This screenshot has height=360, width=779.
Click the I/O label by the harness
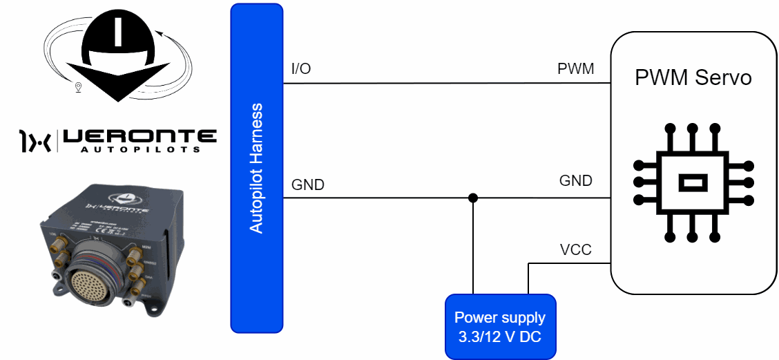301,69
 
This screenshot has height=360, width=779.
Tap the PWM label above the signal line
575,69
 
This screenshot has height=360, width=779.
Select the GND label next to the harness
308,184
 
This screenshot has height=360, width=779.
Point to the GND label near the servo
575,181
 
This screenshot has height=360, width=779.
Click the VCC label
575,249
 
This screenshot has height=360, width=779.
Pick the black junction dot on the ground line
473,198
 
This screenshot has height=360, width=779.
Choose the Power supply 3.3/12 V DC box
500,326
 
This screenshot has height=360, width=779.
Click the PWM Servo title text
693,77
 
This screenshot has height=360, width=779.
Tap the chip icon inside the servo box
691,182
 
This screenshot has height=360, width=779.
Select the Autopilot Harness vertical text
256,168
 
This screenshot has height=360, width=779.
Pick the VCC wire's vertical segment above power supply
528,279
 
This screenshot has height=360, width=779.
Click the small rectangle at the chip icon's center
691,183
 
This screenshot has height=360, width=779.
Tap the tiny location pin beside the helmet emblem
78,87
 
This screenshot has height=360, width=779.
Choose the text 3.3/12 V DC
500,337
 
